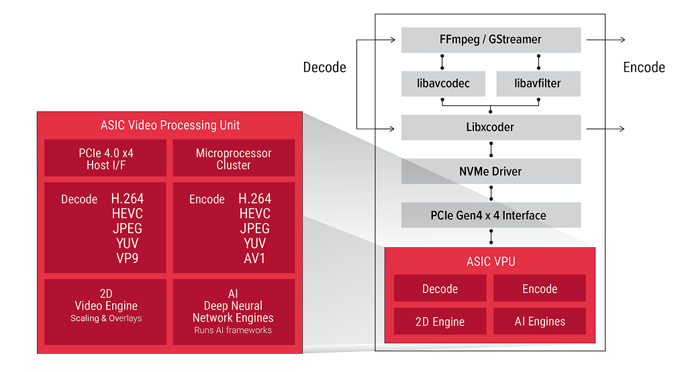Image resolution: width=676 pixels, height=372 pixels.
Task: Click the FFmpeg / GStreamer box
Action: point(491,40)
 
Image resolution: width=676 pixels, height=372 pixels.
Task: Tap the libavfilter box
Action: point(538,84)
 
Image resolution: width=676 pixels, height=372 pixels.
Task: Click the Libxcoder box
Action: point(491,128)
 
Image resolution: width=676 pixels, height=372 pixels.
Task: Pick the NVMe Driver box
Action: point(491,171)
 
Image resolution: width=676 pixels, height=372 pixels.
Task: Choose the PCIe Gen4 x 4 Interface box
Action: point(491,216)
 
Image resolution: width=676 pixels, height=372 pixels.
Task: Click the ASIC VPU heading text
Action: point(490,261)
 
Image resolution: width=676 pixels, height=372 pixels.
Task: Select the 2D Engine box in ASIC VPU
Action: point(440,322)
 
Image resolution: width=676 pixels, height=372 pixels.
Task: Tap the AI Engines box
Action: point(540,322)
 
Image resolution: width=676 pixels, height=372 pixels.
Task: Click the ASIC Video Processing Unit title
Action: point(169,126)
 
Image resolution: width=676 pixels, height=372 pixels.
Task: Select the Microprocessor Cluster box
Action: point(234,158)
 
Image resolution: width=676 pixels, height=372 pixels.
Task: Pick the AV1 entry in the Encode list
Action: point(254,258)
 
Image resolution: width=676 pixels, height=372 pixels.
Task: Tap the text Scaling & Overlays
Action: point(106,318)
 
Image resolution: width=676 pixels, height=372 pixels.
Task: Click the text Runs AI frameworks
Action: point(233,330)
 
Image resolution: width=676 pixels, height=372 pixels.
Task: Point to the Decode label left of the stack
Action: point(324,67)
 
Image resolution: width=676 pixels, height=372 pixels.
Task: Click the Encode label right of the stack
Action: point(643,67)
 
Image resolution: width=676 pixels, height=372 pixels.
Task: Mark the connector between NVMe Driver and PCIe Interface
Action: point(491,193)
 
